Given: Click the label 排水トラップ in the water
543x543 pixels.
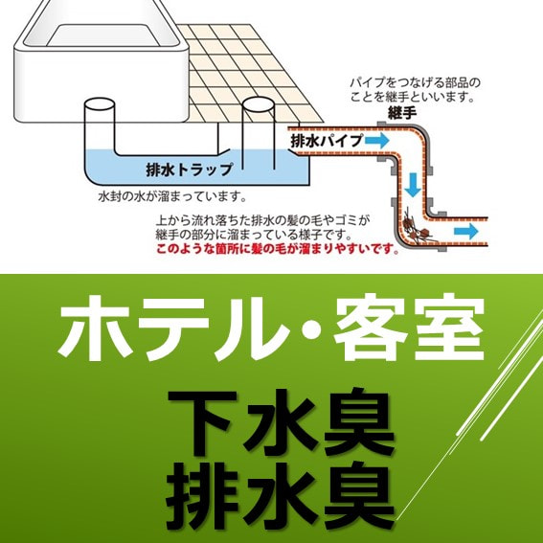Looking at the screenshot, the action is (189, 170).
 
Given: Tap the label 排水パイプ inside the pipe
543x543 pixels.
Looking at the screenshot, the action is (327, 141).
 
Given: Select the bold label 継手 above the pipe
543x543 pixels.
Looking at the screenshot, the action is (402, 113).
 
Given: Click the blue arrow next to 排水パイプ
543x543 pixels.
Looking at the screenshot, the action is (376, 141).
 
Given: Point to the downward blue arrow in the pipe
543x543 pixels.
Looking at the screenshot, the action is (413, 185).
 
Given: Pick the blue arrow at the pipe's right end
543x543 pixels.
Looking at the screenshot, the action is (466, 231).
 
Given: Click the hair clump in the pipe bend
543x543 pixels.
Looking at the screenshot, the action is (418, 230).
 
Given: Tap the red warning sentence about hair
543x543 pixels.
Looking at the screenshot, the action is (277, 248).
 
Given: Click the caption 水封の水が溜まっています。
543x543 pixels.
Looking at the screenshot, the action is (172, 196).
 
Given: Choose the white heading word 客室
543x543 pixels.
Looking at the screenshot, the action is (409, 327).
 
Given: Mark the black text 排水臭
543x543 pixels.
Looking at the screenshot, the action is (280, 496).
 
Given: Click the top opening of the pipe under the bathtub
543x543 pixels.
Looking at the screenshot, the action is (100, 103).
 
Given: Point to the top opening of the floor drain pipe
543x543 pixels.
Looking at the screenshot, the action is (259, 103).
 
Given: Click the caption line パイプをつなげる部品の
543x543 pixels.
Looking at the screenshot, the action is (416, 82).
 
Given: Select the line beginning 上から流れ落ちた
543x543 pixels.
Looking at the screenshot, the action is (262, 220).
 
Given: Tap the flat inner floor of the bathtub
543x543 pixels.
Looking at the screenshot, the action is (103, 35).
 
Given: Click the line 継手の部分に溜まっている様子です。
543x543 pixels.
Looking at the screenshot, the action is (254, 235).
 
